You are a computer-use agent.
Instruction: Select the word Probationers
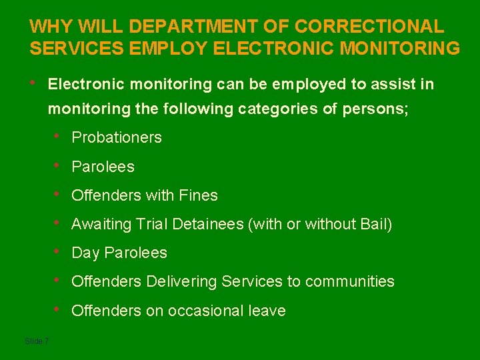(117, 137)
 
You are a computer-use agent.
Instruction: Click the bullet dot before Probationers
(59, 137)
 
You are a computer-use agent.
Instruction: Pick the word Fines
(199, 195)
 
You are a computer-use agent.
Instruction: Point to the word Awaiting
(102, 225)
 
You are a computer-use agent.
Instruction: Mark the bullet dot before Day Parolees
(59, 252)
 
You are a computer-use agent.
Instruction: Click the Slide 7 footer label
(37, 341)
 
